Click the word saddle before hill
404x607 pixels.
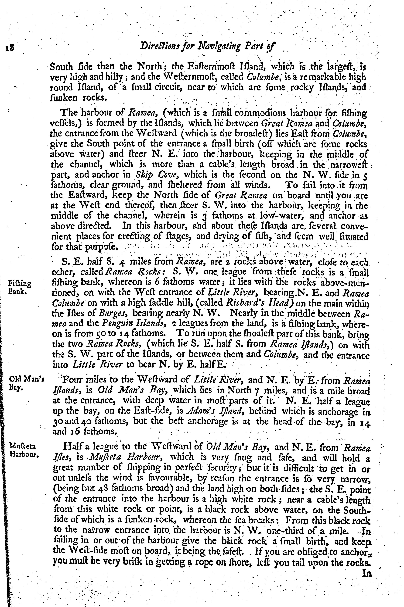(155, 303)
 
